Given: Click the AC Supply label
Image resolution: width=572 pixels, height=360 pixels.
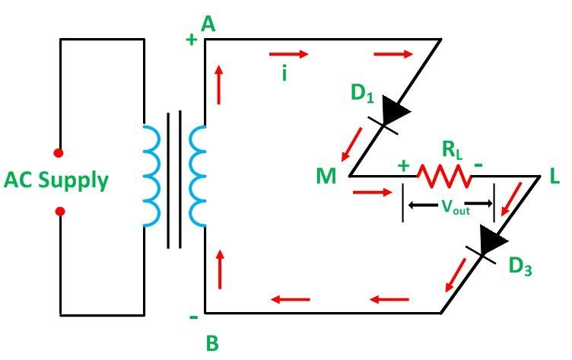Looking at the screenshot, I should pyautogui.click(x=56, y=181).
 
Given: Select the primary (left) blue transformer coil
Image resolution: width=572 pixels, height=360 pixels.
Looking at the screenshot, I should pyautogui.click(x=152, y=176).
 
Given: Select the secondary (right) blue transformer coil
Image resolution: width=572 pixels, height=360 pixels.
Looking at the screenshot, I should pyautogui.click(x=197, y=176).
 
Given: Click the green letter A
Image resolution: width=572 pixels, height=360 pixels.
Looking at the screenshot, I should pyautogui.click(x=208, y=26).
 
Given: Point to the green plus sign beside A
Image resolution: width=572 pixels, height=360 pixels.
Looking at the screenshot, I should pyautogui.click(x=192, y=41).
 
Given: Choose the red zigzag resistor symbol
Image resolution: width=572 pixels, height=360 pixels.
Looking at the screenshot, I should pyautogui.click(x=443, y=177).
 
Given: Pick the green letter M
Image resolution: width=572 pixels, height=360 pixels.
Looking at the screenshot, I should pyautogui.click(x=327, y=178).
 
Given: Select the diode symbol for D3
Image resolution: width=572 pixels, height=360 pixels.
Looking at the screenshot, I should pyautogui.click(x=490, y=244).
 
